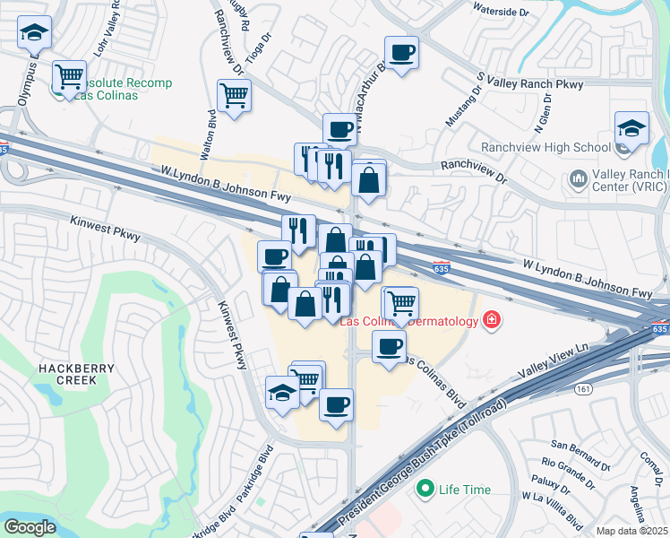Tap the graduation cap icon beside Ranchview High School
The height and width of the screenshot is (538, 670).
[631, 127]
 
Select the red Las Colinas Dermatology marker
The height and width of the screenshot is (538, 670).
[491, 319]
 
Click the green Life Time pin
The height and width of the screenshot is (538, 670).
[425, 490]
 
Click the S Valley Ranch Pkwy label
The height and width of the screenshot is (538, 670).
[530, 84]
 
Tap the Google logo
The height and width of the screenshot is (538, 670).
[30, 526]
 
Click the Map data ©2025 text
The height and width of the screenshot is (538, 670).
[632, 531]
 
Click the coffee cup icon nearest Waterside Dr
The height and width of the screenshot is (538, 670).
[401, 51]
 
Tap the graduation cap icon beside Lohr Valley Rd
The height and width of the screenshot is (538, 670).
[35, 34]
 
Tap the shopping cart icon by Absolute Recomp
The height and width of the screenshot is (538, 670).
[69, 76]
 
